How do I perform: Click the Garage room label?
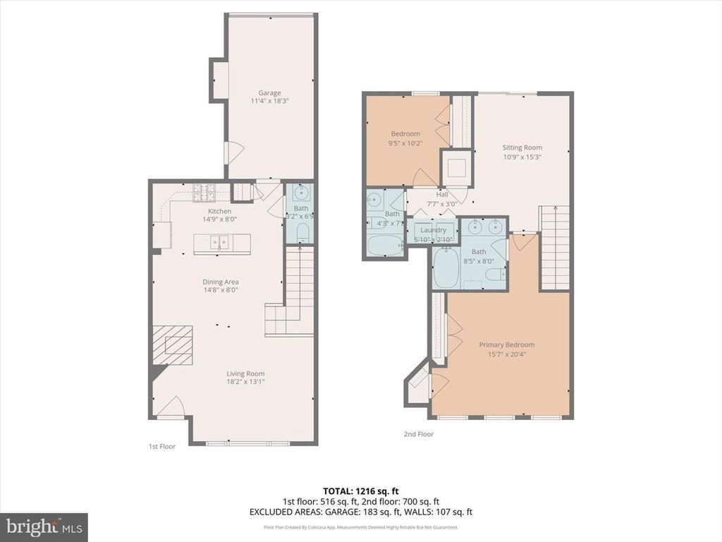coord(269,92)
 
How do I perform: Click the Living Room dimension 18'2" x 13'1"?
coord(245,382)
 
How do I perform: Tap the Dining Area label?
coord(221,282)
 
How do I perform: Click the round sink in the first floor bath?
coord(302,193)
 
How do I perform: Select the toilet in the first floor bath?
coord(302,232)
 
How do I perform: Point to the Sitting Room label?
coord(522,147)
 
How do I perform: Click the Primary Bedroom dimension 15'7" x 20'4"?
coord(506,354)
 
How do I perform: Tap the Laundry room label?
coord(432,230)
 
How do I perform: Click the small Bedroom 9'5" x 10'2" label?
coord(405,133)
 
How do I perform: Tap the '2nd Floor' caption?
coord(418,434)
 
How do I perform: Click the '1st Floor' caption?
coord(161,446)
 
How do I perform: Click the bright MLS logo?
coord(43,526)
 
